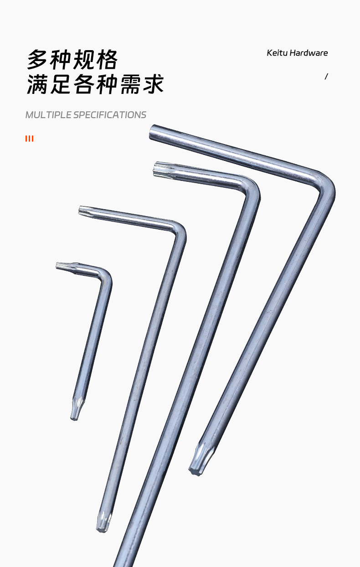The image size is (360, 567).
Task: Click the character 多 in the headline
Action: [37, 60]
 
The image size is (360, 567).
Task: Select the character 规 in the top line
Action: [84, 60]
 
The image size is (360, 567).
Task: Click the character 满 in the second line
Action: [37, 84]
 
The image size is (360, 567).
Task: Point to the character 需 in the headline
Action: [130, 84]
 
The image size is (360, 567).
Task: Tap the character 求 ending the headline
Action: [153, 84]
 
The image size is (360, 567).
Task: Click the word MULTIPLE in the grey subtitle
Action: [48, 115]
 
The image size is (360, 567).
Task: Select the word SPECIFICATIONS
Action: [110, 115]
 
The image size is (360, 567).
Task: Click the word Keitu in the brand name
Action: [277, 53]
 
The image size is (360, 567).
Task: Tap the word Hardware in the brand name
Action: [309, 53]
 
